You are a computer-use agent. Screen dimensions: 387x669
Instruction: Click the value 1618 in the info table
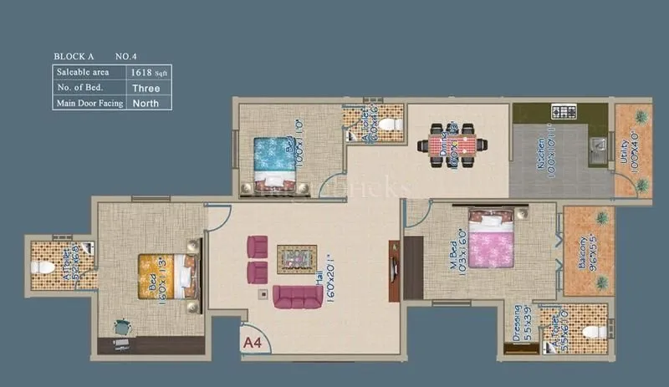140,73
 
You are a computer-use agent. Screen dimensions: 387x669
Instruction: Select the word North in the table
146,104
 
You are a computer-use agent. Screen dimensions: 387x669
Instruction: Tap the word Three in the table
146,88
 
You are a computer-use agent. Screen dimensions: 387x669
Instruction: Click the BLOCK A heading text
77,56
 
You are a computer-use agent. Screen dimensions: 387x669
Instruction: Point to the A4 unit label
253,341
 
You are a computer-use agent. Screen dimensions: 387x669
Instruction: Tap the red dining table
452,144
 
